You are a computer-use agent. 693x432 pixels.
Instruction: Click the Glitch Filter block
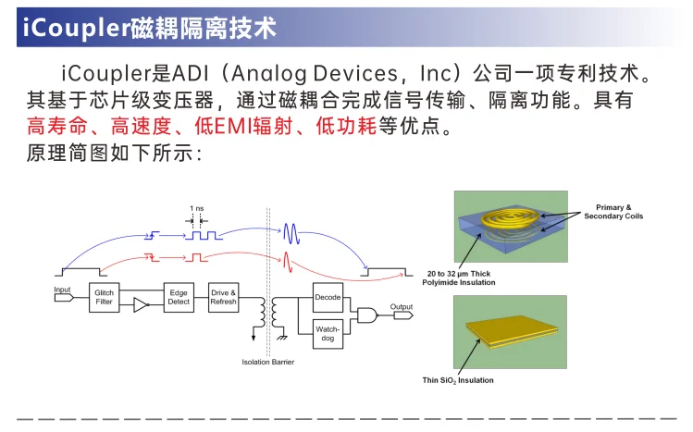(105, 298)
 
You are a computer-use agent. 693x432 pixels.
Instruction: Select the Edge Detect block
(179, 297)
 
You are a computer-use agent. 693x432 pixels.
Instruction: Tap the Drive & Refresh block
(223, 297)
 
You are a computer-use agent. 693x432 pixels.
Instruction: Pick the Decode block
(328, 297)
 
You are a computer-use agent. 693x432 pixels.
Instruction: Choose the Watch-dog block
(328, 333)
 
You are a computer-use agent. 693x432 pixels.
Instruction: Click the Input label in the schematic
(62, 290)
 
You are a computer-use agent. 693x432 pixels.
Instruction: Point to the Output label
(401, 306)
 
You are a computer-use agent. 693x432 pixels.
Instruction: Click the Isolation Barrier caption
(268, 362)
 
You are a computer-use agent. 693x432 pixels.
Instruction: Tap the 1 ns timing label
(197, 208)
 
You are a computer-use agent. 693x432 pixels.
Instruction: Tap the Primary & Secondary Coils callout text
(613, 211)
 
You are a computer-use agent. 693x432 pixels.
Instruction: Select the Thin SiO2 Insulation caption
(458, 380)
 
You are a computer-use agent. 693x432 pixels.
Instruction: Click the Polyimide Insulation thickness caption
(461, 278)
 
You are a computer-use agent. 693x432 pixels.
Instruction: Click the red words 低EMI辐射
(250, 127)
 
